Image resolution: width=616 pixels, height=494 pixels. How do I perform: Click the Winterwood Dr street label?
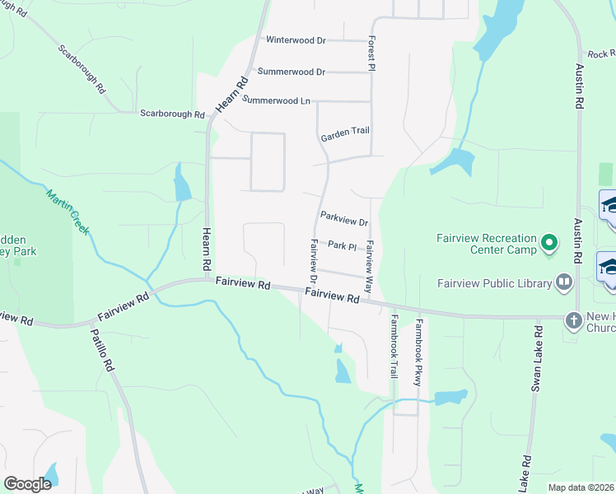point(296,40)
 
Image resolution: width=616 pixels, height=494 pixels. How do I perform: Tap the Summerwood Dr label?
point(292,72)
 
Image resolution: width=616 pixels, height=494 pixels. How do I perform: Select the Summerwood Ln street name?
point(276,101)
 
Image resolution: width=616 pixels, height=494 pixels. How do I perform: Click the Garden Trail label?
point(345,132)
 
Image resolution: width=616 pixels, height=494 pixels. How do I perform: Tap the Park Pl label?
point(341,245)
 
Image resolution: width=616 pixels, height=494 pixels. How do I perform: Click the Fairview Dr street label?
point(314,257)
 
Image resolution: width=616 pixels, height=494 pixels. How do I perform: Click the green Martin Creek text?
point(67,209)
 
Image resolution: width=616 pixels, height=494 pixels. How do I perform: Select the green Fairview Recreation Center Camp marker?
point(549,243)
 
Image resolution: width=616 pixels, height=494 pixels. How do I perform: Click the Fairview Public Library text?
point(494,284)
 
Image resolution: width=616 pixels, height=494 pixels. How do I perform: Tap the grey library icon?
point(563,282)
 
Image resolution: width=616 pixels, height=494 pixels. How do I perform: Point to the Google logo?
point(28,483)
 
